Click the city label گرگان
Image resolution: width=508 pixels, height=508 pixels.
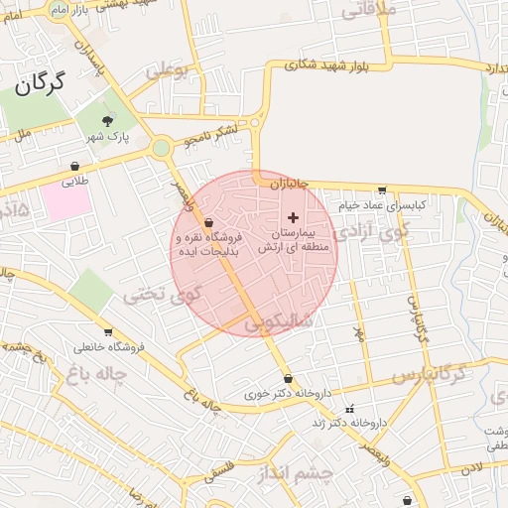coord(41,85)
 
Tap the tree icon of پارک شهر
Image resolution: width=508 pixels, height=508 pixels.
coord(108,120)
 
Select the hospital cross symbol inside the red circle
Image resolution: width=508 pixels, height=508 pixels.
coord(292,216)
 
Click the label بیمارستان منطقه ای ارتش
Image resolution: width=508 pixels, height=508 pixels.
coord(292,240)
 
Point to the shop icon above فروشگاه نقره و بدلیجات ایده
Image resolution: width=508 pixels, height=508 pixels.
coord(207,222)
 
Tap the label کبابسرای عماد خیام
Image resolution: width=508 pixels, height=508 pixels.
coord(382,204)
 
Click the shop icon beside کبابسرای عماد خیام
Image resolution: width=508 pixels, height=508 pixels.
coord(382,190)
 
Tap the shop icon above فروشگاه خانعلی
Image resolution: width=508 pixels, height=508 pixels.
coord(107,332)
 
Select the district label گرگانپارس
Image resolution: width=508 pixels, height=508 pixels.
coord(429,375)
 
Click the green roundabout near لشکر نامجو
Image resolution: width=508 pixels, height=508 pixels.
coord(161,148)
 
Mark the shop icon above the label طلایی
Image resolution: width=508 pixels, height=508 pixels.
coord(75,166)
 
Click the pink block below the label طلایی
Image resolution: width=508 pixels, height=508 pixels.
coord(66,203)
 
